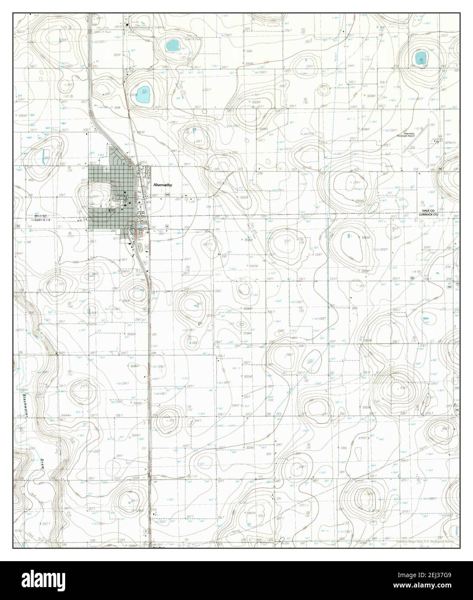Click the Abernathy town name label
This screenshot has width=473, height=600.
[162, 185]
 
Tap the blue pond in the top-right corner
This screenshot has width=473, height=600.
[419, 57]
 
